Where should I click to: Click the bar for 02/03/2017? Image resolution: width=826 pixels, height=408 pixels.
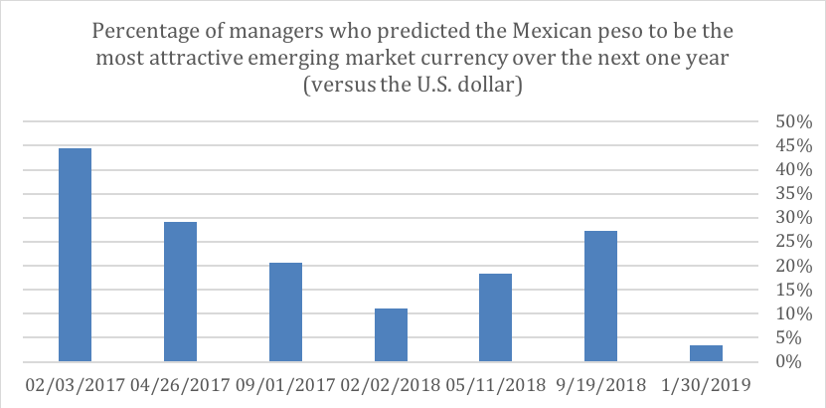click(x=75, y=255)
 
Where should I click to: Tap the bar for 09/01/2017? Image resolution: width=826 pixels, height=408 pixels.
click(x=285, y=311)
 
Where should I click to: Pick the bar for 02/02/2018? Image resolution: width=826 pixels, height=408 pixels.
click(x=391, y=335)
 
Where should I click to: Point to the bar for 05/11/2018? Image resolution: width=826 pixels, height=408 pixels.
click(x=496, y=317)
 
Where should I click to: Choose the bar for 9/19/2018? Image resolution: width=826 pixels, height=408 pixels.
click(x=600, y=296)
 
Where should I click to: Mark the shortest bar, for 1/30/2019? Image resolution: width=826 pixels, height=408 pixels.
click(x=706, y=353)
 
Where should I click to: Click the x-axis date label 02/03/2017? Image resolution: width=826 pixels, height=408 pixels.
click(x=75, y=385)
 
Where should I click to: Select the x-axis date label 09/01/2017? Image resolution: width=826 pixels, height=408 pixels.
click(x=285, y=385)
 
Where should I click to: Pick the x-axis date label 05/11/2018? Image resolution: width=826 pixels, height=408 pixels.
click(x=496, y=385)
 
